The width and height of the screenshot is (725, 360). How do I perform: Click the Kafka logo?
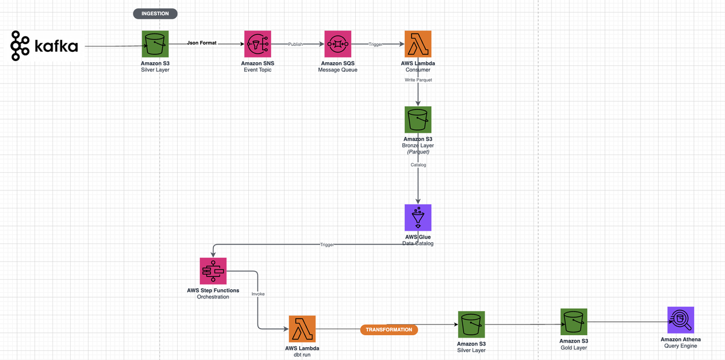(x=44, y=46)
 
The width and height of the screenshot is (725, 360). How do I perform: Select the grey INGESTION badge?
(x=155, y=13)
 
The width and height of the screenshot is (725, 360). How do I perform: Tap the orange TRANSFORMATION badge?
(x=389, y=330)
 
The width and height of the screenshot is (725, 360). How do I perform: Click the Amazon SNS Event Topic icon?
(x=257, y=44)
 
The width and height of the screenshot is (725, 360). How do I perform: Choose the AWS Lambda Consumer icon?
(x=418, y=44)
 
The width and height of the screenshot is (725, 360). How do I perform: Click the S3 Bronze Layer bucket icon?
(x=418, y=120)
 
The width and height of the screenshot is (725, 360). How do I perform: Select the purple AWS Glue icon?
(x=418, y=217)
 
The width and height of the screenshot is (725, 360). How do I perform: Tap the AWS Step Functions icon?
(x=213, y=271)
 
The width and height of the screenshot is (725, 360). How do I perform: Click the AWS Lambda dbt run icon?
(x=302, y=329)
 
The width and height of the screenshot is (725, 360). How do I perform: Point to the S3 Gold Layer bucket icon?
(x=573, y=322)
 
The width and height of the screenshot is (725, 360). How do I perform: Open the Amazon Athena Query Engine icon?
(x=680, y=320)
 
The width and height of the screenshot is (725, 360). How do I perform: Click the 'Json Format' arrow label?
(x=197, y=43)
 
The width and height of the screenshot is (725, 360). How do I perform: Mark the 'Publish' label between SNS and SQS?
(x=296, y=44)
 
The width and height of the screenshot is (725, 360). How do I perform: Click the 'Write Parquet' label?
(x=418, y=80)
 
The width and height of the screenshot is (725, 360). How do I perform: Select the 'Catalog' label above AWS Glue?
(x=418, y=164)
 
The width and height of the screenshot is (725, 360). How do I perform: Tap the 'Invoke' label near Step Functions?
(x=258, y=294)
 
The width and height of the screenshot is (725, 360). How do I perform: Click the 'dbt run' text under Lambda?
(x=302, y=355)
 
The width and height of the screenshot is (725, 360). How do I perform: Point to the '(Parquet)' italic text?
(x=418, y=152)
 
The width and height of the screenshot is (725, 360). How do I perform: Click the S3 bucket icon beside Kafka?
(x=155, y=44)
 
